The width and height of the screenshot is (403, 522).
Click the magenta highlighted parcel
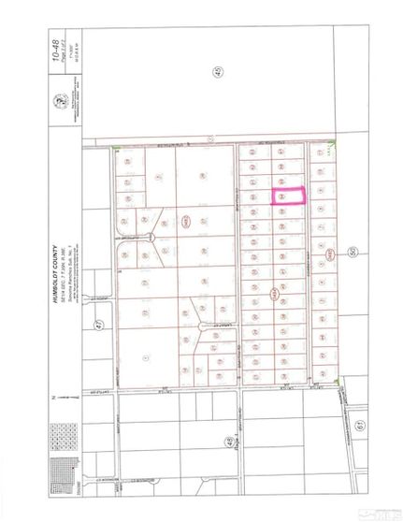tap(289, 196)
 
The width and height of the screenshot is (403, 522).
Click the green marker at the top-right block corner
tap(335, 144)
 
